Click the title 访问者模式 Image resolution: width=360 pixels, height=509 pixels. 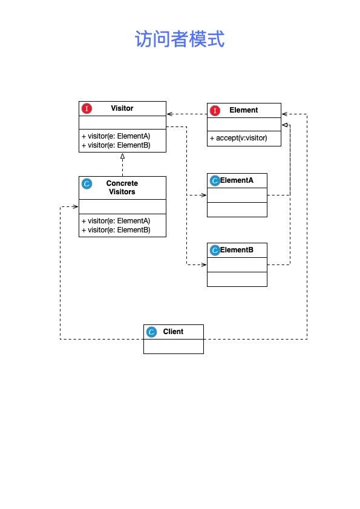(180, 39)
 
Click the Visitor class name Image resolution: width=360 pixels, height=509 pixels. (122, 108)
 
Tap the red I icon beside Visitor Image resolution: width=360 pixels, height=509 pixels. (87, 108)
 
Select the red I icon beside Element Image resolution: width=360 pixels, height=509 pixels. (215, 110)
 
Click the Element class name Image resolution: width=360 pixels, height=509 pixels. (243, 110)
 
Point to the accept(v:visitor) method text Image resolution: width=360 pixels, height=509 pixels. (238, 138)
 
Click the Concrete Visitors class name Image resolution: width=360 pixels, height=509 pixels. (122, 187)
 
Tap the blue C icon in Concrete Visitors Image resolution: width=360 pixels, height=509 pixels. (87, 184)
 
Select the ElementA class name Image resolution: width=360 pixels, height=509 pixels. (237, 180)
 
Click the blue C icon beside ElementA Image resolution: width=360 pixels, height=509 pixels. (215, 180)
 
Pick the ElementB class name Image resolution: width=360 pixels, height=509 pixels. (237, 249)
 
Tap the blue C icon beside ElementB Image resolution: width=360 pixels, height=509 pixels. (215, 250)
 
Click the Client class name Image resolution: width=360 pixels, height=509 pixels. (173, 332)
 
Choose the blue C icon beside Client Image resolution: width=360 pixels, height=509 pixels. (151, 332)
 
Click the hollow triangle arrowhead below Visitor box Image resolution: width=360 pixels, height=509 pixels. (122, 156)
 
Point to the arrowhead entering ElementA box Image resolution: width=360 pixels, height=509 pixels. (204, 195)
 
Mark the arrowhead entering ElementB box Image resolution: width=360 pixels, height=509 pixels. (204, 264)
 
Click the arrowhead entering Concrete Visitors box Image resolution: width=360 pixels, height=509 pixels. (75, 206)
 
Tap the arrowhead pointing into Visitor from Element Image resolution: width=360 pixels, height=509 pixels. (170, 114)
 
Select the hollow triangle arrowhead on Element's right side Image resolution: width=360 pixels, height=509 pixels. (285, 125)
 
